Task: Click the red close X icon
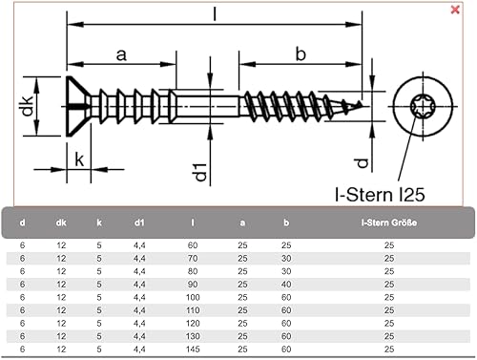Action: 455,10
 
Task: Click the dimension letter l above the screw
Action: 215,13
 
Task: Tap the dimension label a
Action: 121,55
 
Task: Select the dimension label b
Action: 301,54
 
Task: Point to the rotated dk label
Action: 28,106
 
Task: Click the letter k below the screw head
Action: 79,159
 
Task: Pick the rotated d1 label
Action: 201,172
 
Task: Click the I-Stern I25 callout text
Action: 380,195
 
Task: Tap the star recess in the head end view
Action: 422,106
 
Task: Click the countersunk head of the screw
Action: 78,107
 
